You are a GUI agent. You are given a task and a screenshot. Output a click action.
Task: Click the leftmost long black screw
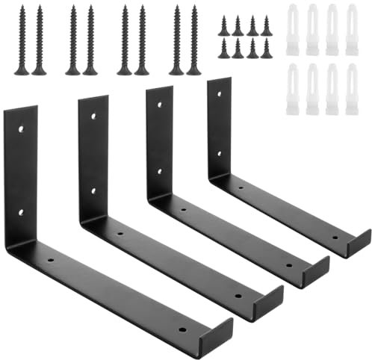coord(21,41)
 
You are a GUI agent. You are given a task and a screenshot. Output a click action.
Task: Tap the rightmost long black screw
coord(193,41)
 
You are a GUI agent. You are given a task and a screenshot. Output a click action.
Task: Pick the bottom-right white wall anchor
coord(351,89)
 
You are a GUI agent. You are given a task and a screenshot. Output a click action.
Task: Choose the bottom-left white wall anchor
coord(293,89)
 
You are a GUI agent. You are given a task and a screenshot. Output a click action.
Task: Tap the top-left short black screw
coord(223,26)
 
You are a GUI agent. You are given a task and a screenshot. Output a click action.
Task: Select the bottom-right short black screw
coord(267,49)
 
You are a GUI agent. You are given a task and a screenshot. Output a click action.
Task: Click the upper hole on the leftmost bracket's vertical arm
coord(21,129)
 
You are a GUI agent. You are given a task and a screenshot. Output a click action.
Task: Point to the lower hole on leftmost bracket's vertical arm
coord(21,212)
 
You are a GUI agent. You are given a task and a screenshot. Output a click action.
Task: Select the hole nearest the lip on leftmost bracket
coord(184,326)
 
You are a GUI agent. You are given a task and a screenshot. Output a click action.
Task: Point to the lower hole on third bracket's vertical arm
coord(160,171)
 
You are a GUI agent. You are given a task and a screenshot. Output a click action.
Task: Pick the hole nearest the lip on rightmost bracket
coord(335,234)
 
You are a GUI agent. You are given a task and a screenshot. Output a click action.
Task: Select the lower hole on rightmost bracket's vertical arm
coord(219,153)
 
